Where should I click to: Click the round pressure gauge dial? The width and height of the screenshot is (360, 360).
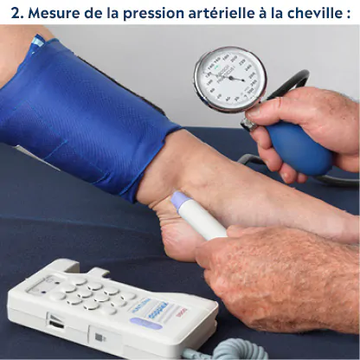[x=230, y=79]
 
